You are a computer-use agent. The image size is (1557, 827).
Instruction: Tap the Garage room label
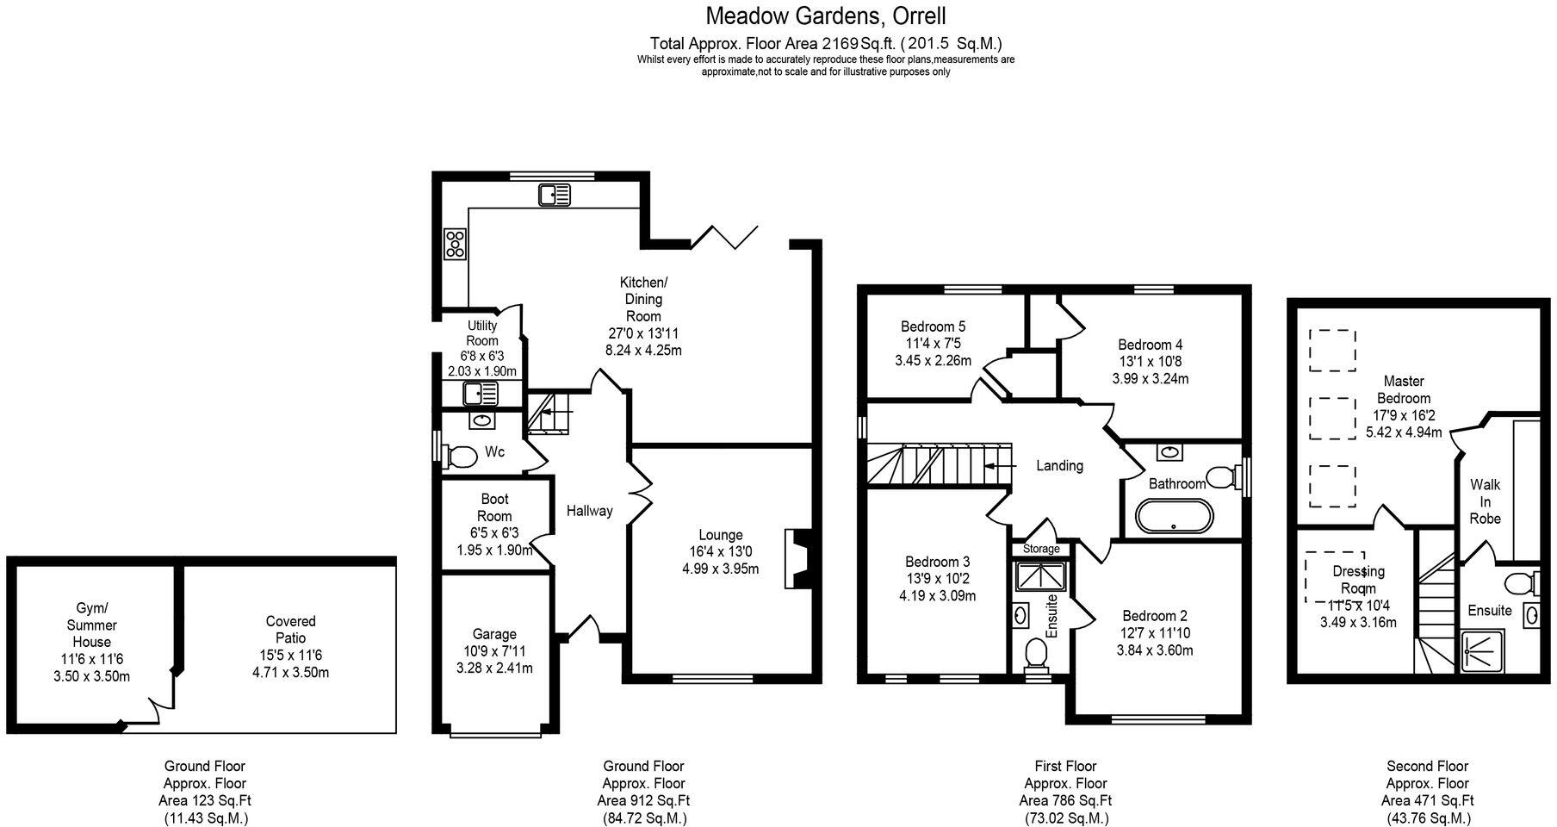pyautogui.click(x=494, y=634)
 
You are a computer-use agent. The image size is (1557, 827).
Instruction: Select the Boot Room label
pyautogui.click(x=494, y=507)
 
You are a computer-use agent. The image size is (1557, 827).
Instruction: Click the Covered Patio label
pyautogui.click(x=290, y=630)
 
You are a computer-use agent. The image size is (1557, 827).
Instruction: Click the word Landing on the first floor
pyautogui.click(x=1058, y=465)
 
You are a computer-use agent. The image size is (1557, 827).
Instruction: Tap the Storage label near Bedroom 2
pyautogui.click(x=1041, y=549)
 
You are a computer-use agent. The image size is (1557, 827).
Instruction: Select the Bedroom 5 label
pyautogui.click(x=933, y=326)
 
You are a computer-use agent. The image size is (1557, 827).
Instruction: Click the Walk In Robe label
pyautogui.click(x=1485, y=501)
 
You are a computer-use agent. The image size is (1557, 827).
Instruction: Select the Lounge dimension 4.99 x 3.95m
pyautogui.click(x=720, y=569)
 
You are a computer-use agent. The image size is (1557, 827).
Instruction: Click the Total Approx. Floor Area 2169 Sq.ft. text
pyautogui.click(x=826, y=43)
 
